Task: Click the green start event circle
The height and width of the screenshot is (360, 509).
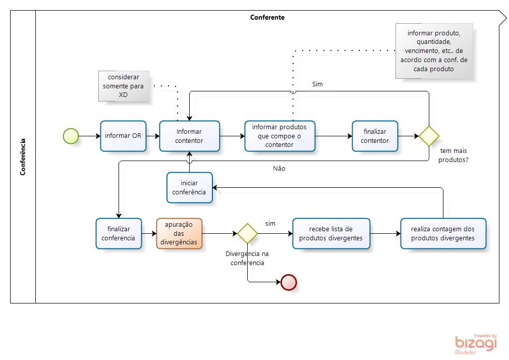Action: click(71, 136)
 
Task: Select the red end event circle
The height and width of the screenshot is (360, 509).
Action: click(289, 282)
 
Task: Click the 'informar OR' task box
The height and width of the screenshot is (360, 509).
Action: click(123, 136)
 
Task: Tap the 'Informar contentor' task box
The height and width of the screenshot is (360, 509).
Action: click(189, 136)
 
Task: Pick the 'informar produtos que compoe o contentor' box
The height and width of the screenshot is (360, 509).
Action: click(279, 136)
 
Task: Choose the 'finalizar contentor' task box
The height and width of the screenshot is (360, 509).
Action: click(375, 136)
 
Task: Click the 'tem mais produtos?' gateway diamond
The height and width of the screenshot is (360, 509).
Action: click(429, 136)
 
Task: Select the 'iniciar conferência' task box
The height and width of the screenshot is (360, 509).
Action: click(189, 187)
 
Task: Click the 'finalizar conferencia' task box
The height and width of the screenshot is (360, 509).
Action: click(119, 233)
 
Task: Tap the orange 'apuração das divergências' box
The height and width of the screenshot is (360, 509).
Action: click(179, 233)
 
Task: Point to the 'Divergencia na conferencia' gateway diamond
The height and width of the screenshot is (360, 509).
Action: click(248, 233)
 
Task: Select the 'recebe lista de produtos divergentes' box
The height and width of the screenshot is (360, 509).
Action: click(331, 233)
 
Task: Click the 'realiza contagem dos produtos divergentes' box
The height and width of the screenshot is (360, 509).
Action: click(443, 233)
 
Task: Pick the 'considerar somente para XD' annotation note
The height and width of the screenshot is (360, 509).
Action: click(124, 86)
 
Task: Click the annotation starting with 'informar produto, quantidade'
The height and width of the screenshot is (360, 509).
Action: click(434, 50)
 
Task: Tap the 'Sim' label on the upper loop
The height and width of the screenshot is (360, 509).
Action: click(317, 84)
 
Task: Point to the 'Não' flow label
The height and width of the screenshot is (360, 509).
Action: click(279, 169)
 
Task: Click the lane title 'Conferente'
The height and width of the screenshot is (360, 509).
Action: click(267, 17)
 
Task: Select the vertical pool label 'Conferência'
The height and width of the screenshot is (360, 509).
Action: click(23, 157)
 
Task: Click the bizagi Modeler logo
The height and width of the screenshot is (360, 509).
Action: click(476, 344)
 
